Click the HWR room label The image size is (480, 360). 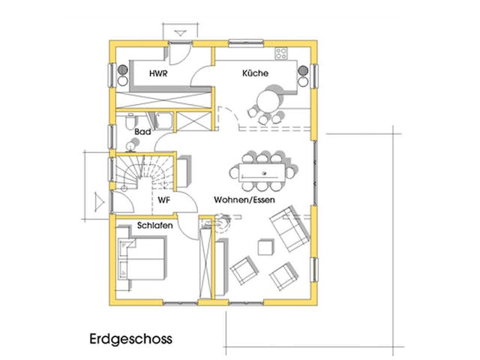pos(157,74)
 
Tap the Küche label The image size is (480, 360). pos(250,74)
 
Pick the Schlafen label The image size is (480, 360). pos(155,226)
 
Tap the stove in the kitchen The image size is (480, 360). pos(282,53)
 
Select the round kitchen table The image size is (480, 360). pos(267,100)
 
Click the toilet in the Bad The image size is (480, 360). pos(130,121)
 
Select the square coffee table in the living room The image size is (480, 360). pos(264,247)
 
